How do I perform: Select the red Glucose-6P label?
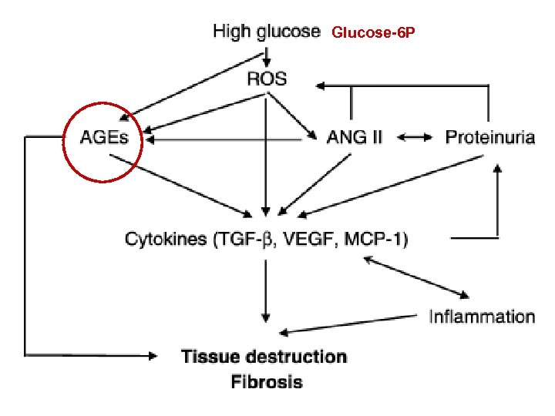coord(373,33)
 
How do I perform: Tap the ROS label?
coord(266,78)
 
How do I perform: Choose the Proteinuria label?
coord(490,139)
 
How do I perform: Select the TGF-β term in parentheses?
coord(257,239)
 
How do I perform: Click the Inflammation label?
coord(482,316)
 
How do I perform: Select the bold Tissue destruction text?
coord(264,357)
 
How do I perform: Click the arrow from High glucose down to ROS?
coord(267,54)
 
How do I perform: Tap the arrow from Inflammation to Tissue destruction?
coord(347,324)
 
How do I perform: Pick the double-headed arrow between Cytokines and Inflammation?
coord(416,278)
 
